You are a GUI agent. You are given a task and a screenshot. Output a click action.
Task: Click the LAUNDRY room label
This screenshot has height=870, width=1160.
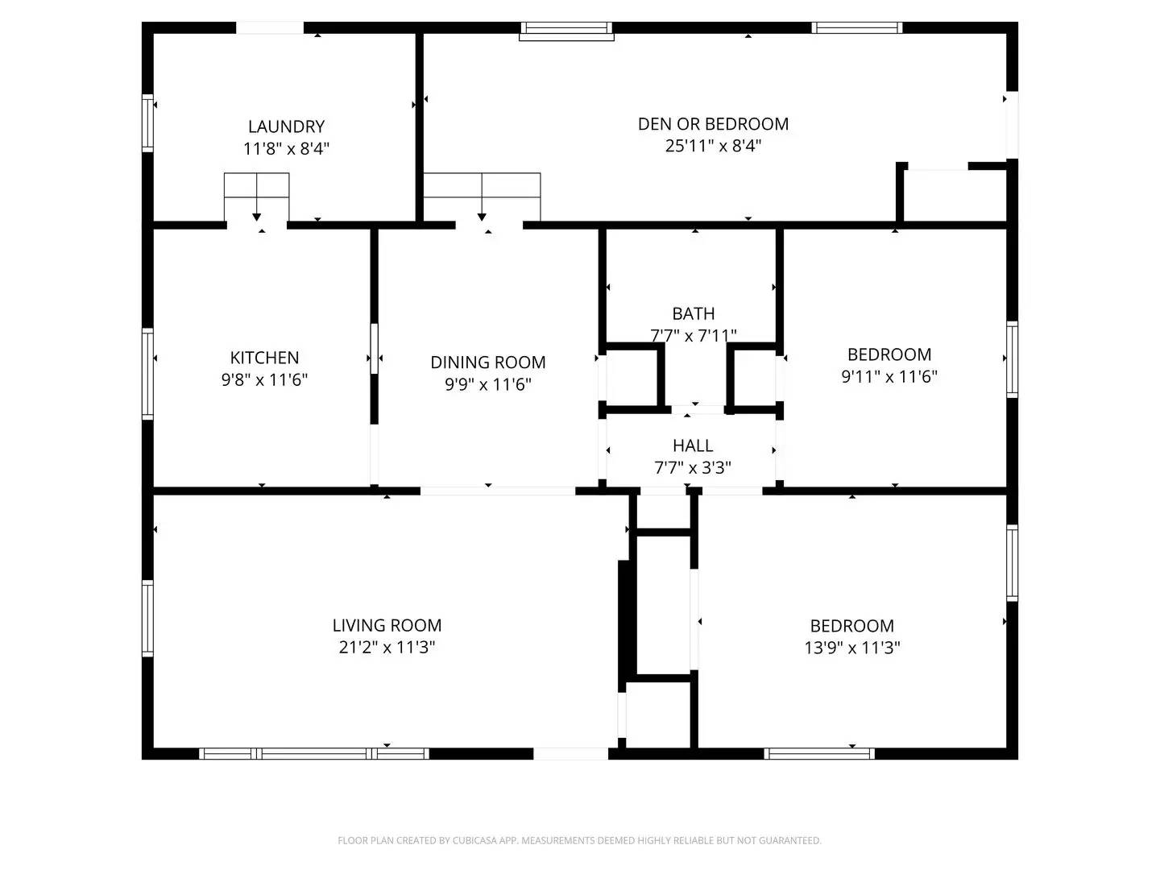[x=286, y=126]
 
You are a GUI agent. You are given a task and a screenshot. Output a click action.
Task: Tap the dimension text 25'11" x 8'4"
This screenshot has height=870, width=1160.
[x=713, y=146]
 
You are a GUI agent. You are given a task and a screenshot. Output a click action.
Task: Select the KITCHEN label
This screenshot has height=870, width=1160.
[x=264, y=358]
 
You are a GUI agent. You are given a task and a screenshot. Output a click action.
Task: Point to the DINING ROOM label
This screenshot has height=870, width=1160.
[x=487, y=362]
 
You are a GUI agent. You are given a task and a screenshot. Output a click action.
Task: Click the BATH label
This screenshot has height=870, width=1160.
[x=693, y=313]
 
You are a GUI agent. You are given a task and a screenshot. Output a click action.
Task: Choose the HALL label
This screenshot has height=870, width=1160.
[x=693, y=445]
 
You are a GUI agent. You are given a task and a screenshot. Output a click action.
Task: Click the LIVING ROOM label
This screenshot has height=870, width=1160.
[x=387, y=625]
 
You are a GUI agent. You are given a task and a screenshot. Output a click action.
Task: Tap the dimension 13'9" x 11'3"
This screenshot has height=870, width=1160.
[x=851, y=648]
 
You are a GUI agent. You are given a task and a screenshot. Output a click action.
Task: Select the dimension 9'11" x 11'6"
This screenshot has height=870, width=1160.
[x=889, y=376]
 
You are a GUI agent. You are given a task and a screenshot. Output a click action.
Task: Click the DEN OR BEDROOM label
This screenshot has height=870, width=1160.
[x=713, y=124]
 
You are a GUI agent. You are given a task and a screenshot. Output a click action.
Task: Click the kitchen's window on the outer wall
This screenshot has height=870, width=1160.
[x=147, y=373]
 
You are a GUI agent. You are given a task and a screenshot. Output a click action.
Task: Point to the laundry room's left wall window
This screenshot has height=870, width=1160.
[x=147, y=123]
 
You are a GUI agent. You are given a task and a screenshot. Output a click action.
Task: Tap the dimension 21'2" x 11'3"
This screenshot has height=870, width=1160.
[x=387, y=647]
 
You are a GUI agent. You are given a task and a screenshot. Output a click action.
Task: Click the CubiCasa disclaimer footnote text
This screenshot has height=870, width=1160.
[x=579, y=840]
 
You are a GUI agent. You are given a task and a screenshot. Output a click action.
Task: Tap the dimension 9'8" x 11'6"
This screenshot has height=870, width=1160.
[x=264, y=379]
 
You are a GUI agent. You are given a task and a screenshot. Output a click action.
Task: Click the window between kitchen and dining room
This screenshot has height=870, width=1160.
[x=374, y=348]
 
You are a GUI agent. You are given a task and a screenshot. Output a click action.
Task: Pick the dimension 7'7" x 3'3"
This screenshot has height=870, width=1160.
[x=693, y=467]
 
